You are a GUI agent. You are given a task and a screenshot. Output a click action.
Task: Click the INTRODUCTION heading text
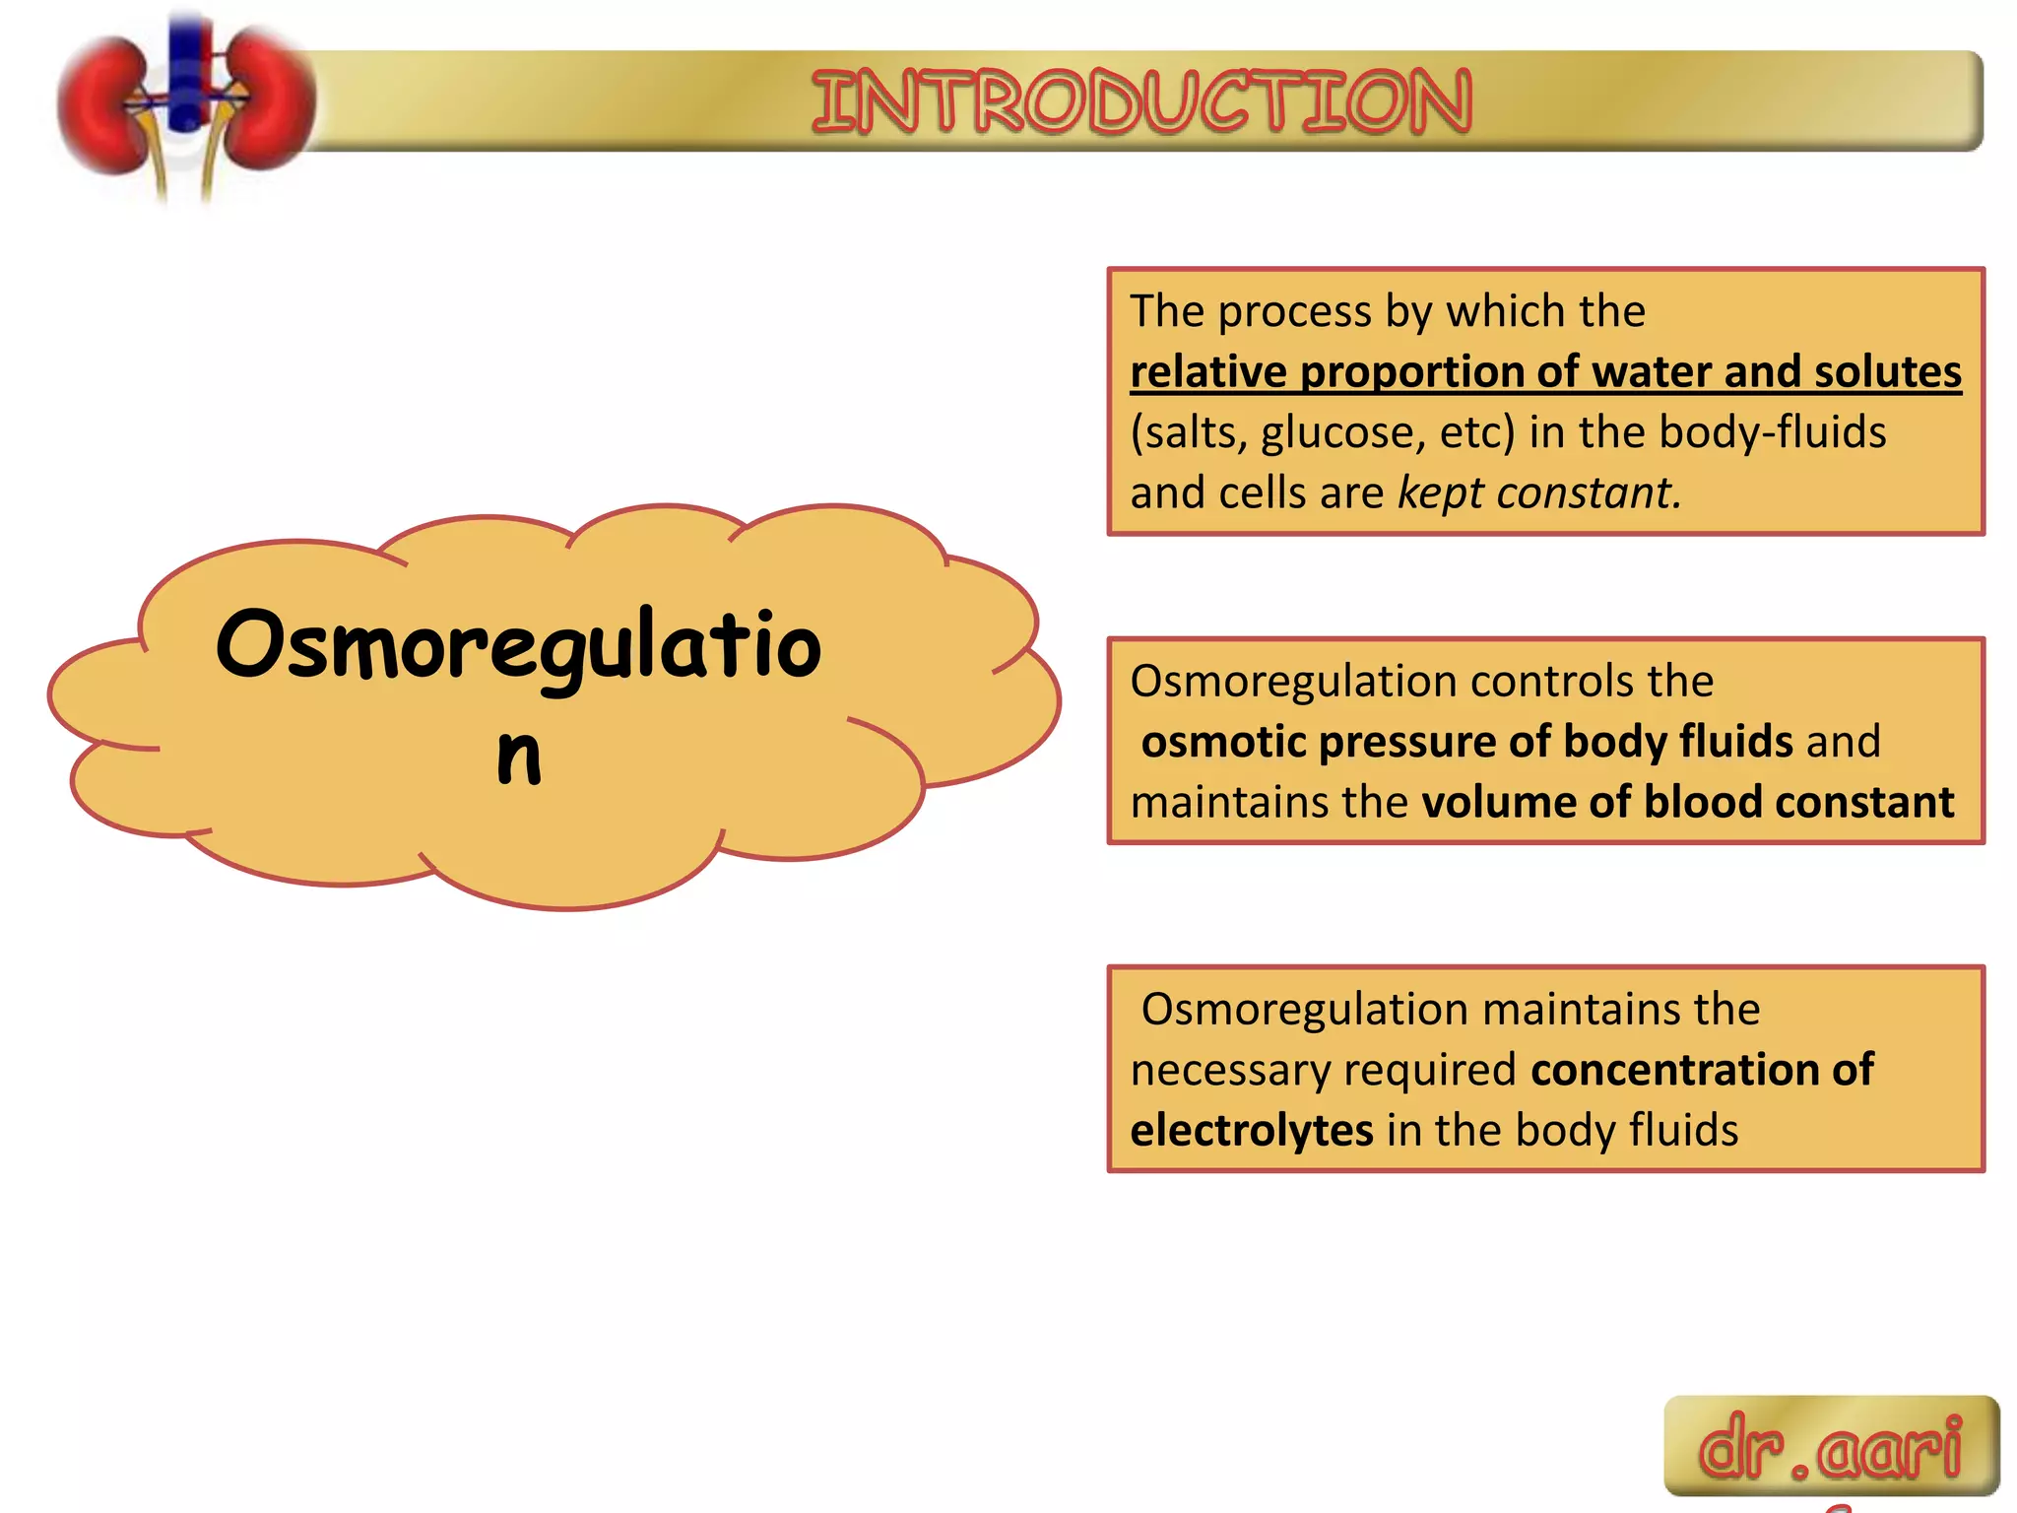1141,101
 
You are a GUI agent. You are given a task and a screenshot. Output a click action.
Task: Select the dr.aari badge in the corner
1831,1446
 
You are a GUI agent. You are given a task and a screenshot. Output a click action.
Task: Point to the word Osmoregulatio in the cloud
518,645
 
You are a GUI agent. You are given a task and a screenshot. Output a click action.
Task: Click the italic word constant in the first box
1588,493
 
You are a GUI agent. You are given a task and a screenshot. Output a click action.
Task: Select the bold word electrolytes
1251,1130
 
